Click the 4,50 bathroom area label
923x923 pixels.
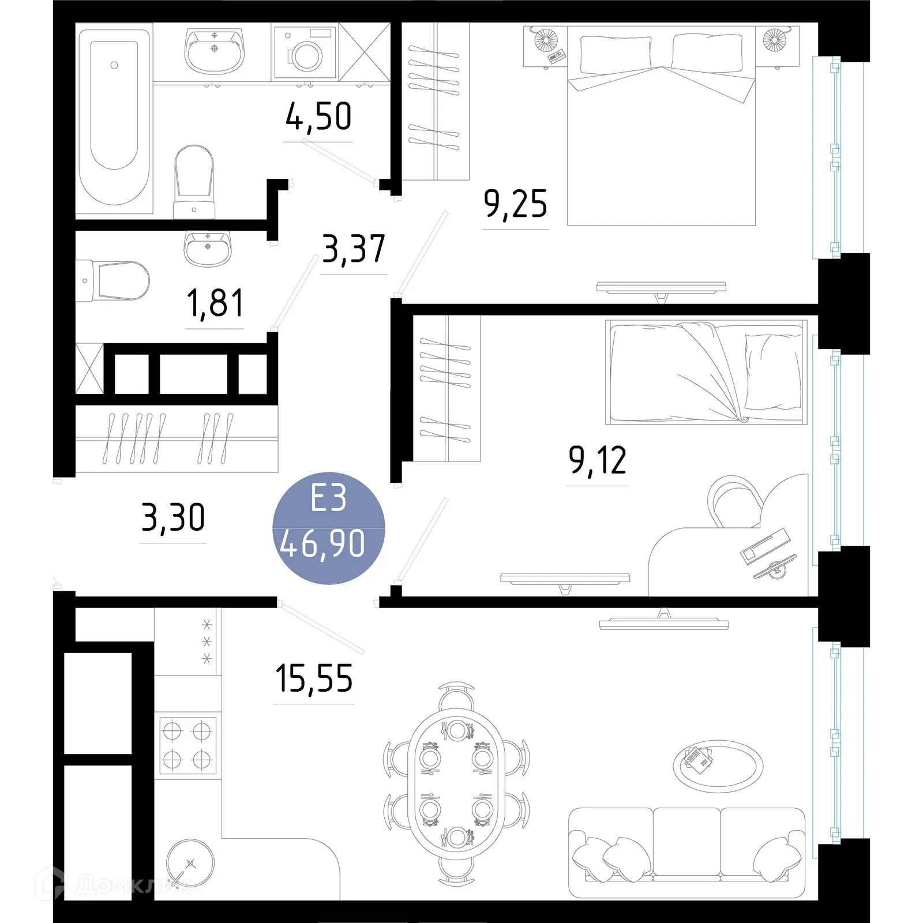coord(318,117)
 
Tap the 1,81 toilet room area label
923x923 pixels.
coord(215,304)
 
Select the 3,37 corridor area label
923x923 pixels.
coord(353,249)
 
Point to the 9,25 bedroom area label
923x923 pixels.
coord(515,204)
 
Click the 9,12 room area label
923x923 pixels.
coord(597,461)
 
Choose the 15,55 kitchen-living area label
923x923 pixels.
coord(314,678)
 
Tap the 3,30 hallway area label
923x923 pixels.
coord(173,517)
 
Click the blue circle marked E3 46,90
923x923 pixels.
coord(328,528)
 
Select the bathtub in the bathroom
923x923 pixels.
coord(114,115)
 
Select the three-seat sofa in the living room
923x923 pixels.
coord(686,852)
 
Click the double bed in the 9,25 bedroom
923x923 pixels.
coord(661,133)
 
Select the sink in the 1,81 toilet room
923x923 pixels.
coord(208,248)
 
